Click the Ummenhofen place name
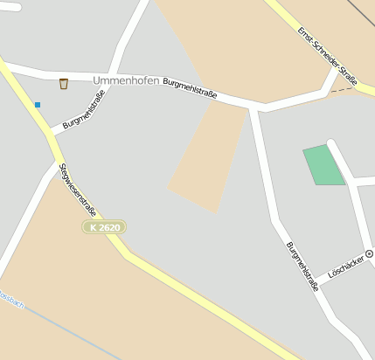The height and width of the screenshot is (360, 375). pos(126,81)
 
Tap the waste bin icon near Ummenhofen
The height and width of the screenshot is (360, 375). pos(63,84)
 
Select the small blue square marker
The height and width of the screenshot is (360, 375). pos(38,105)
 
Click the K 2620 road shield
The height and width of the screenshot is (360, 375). pos(105,227)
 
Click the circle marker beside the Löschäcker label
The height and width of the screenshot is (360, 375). pos(369,253)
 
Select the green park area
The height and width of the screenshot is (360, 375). pos(323,165)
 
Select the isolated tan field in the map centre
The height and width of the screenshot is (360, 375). pos(208,162)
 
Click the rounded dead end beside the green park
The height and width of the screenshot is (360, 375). pos(332,144)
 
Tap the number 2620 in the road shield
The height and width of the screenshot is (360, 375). pos(109,227)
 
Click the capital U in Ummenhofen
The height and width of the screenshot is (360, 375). pos(96,81)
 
